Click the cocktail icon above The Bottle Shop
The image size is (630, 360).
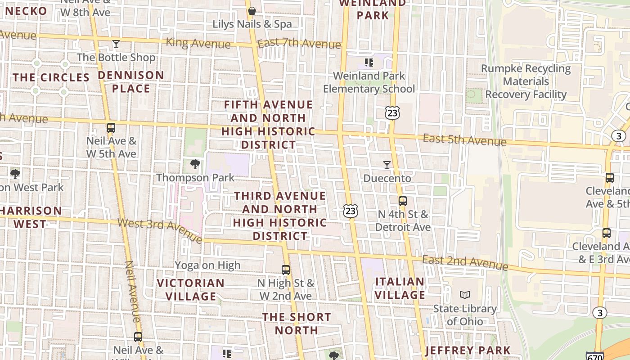click(x=116, y=44)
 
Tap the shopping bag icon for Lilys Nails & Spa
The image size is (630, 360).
click(x=252, y=10)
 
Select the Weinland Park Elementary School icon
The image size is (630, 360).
click(x=369, y=63)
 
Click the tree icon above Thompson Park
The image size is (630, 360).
click(x=195, y=164)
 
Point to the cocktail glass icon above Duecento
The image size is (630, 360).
click(x=387, y=165)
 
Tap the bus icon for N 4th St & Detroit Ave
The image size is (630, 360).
click(x=403, y=201)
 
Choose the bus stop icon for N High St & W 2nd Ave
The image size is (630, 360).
click(x=286, y=270)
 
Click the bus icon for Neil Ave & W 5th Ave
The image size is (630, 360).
click(x=111, y=128)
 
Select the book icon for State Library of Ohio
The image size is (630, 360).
click(x=465, y=295)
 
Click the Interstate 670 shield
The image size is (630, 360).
click(x=595, y=356)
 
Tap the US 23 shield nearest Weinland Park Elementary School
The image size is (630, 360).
click(x=392, y=112)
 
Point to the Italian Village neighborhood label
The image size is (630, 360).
click(x=400, y=288)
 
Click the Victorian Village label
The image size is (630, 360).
click(x=191, y=290)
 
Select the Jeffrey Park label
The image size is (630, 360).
click(x=468, y=350)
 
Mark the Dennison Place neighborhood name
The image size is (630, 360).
click(x=131, y=82)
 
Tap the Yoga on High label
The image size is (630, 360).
click(x=207, y=265)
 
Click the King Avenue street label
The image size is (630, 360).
click(x=198, y=43)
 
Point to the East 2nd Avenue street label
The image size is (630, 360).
click(x=465, y=263)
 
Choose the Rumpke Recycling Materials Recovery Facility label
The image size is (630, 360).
click(x=526, y=81)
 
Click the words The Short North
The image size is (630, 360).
click(x=297, y=324)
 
